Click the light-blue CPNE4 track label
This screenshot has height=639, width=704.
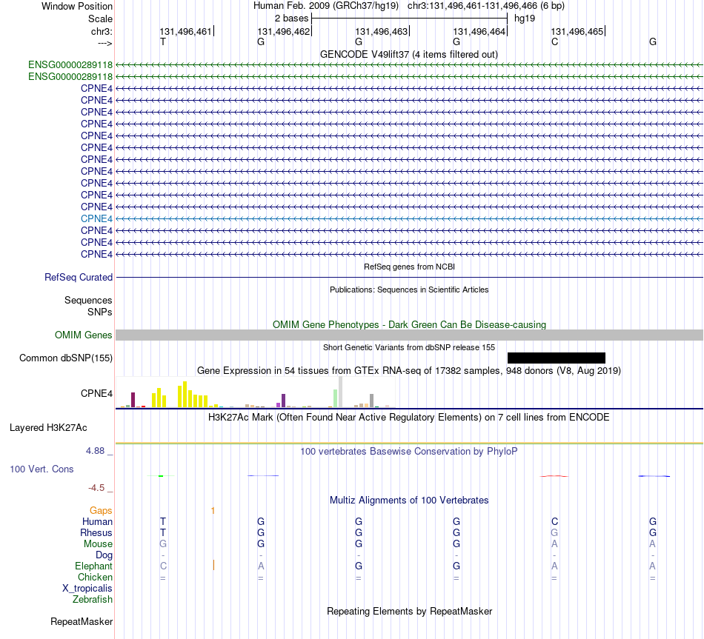(96, 218)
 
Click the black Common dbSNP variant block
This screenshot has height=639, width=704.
(557, 358)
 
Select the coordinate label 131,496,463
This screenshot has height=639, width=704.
(381, 31)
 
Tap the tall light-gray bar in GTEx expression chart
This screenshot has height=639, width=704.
(340, 392)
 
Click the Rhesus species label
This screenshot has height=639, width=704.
(96, 532)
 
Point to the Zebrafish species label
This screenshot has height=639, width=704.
(93, 599)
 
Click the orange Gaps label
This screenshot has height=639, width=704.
(101, 510)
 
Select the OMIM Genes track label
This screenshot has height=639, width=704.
(84, 335)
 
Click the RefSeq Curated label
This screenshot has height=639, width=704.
(79, 278)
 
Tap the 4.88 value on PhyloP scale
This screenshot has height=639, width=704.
(95, 450)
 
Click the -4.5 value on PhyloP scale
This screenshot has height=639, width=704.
(96, 488)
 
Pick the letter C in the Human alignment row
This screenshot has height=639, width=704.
(554, 521)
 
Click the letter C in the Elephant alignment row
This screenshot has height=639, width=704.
(163, 566)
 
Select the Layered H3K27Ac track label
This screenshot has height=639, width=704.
(48, 428)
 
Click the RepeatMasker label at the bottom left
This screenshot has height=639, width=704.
(82, 621)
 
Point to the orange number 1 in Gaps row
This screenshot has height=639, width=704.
(213, 511)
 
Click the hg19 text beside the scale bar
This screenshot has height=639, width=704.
(525, 19)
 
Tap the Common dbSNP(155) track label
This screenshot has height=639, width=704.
(66, 358)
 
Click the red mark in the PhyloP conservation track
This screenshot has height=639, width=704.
(554, 475)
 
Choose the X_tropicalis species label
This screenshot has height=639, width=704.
(87, 589)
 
